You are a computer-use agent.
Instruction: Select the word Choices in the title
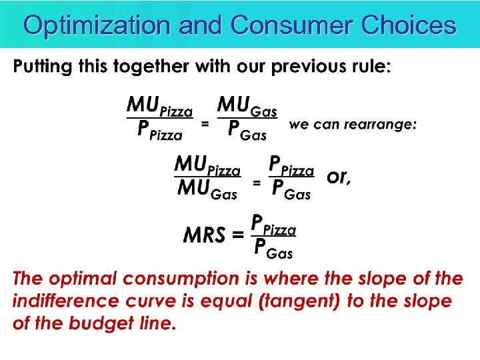tap(408, 25)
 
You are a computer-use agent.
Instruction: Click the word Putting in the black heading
tap(46, 67)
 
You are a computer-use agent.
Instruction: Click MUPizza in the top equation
tap(160, 107)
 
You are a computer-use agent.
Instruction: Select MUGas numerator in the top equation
tap(248, 107)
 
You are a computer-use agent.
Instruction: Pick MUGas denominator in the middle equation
tap(207, 190)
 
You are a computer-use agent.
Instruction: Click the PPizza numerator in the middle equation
tap(291, 165)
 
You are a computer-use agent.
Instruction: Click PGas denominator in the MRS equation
tap(273, 249)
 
